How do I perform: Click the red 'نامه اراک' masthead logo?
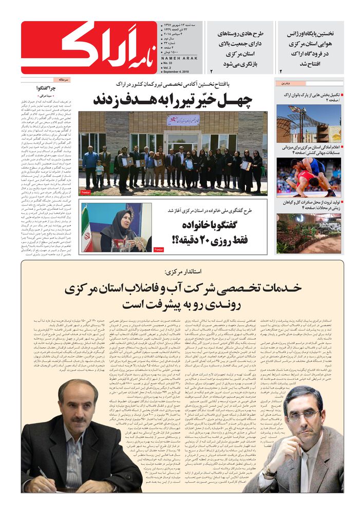[90, 48]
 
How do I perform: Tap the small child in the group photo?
[100, 172]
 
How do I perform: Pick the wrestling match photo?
[309, 177]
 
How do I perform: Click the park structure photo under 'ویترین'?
[309, 123]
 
